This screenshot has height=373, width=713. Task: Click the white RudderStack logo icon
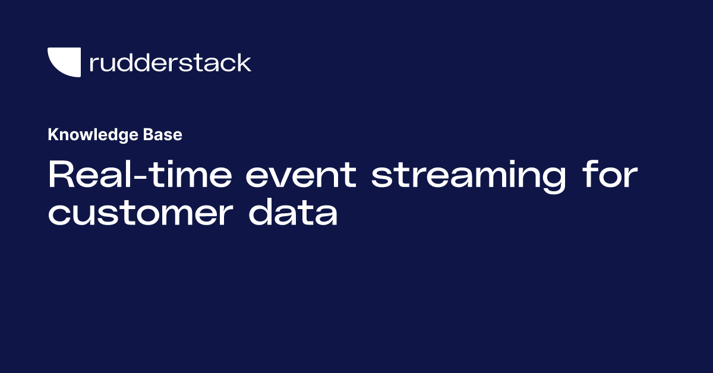click(x=64, y=62)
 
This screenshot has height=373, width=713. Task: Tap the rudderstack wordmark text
click(x=170, y=62)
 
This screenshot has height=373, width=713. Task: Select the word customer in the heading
click(x=138, y=213)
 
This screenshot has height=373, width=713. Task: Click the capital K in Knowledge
click(x=52, y=135)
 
